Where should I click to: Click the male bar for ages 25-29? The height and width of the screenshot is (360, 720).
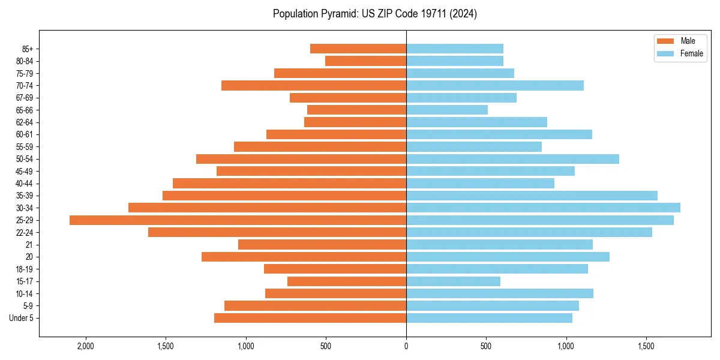tap(238, 220)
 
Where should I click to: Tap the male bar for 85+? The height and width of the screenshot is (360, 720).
tap(358, 49)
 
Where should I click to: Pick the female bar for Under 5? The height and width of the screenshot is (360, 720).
tap(489, 318)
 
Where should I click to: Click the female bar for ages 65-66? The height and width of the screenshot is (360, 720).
tap(447, 110)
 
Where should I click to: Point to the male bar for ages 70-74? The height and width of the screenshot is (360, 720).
tap(314, 85)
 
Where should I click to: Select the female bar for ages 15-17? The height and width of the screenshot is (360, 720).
tap(453, 281)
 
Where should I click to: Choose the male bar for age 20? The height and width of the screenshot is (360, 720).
tap(304, 257)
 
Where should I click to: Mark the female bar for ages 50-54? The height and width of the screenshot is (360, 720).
tap(512, 159)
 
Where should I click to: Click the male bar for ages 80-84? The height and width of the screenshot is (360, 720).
tap(365, 61)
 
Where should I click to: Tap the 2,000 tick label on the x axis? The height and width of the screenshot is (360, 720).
tap(86, 346)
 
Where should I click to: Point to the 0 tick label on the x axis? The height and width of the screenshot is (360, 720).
tap(406, 346)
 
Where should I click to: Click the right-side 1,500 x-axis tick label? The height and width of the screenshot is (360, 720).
tap(646, 346)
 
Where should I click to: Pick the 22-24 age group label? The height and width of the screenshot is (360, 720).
tap(24, 233)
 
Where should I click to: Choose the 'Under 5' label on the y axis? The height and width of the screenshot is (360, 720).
tap(21, 318)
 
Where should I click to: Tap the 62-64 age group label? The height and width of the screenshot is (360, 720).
tap(24, 122)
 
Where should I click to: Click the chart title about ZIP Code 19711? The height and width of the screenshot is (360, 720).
tap(374, 14)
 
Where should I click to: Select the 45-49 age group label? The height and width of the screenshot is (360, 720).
tap(24, 172)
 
